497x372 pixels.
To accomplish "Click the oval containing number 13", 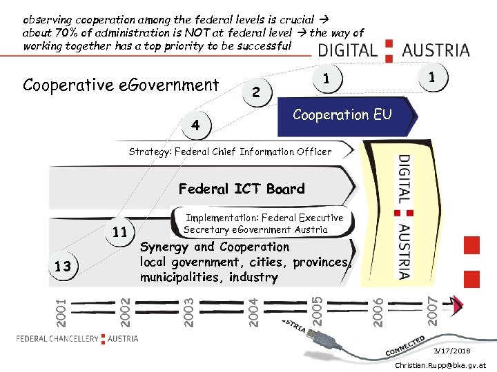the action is click(x=62, y=267).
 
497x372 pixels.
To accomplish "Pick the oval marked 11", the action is click(x=119, y=232).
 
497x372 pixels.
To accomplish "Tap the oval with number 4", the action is click(x=196, y=125).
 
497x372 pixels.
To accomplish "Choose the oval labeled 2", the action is click(x=256, y=92).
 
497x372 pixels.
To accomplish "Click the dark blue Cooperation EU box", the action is click(x=342, y=115).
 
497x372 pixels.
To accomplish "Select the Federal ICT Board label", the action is click(x=241, y=189).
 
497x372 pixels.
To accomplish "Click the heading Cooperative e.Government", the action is click(x=121, y=85).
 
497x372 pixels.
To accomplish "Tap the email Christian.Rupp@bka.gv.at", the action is click(x=440, y=365).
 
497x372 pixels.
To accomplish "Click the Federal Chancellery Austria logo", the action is click(x=77, y=338).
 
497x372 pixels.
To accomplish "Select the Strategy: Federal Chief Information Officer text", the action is click(x=230, y=152).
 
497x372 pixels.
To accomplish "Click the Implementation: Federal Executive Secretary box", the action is click(x=263, y=224).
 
